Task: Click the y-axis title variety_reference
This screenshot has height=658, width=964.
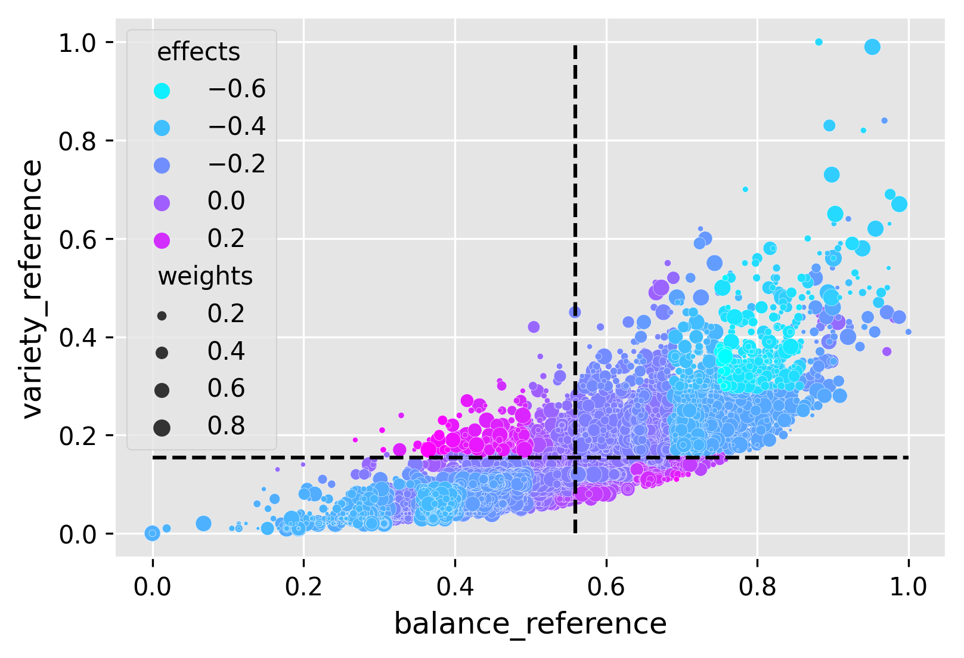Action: tap(32, 289)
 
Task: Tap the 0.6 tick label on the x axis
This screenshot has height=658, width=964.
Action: tap(606, 587)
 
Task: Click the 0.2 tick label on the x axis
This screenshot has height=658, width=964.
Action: tap(303, 587)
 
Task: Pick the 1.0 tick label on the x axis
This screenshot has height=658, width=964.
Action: tap(908, 587)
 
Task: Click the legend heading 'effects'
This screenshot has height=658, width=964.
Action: tap(199, 52)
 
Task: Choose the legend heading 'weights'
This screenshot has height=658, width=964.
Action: tap(205, 277)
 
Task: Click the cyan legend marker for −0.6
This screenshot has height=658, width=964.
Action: tap(162, 91)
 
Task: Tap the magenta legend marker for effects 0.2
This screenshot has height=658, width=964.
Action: tap(162, 240)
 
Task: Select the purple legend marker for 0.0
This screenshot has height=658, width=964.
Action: tap(162, 203)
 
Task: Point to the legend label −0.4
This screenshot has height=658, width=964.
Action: tap(237, 126)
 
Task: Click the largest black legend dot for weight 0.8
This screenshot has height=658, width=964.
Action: tap(162, 427)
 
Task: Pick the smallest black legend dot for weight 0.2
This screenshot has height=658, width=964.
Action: tap(162, 316)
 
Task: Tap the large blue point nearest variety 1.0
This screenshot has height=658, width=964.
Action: tap(872, 47)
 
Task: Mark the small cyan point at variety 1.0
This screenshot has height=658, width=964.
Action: tap(819, 42)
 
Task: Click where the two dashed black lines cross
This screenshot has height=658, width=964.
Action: tap(575, 458)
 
